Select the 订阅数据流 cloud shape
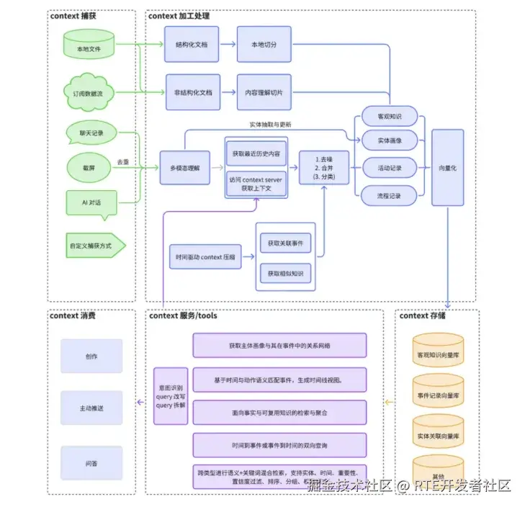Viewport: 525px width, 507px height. (89, 92)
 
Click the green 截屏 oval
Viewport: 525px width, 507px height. (89, 167)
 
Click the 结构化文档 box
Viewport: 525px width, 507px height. (192, 45)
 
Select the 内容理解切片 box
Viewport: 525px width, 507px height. (264, 92)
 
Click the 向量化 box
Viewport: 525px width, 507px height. (448, 167)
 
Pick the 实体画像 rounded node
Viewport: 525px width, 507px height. (389, 140)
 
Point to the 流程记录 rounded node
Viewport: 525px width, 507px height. (389, 195)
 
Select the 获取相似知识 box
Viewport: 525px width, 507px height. (285, 274)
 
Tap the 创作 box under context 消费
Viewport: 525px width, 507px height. (91, 356)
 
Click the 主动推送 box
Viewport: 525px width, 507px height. (91, 408)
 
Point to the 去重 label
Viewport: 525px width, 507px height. (124, 161)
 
